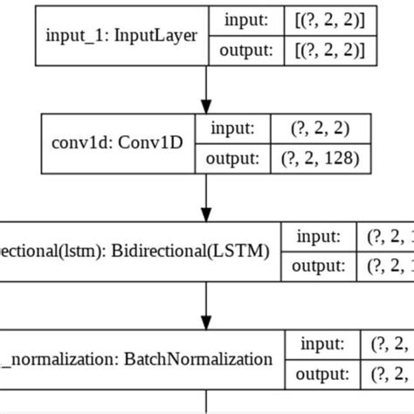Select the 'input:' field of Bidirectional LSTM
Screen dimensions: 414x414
[318, 237]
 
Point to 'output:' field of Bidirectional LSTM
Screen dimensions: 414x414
[318, 266]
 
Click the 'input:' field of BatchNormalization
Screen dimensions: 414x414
[324, 344]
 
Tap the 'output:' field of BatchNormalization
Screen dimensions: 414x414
[324, 375]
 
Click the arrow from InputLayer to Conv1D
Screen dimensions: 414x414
[206, 87]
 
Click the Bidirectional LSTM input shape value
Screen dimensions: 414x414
[385, 237]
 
